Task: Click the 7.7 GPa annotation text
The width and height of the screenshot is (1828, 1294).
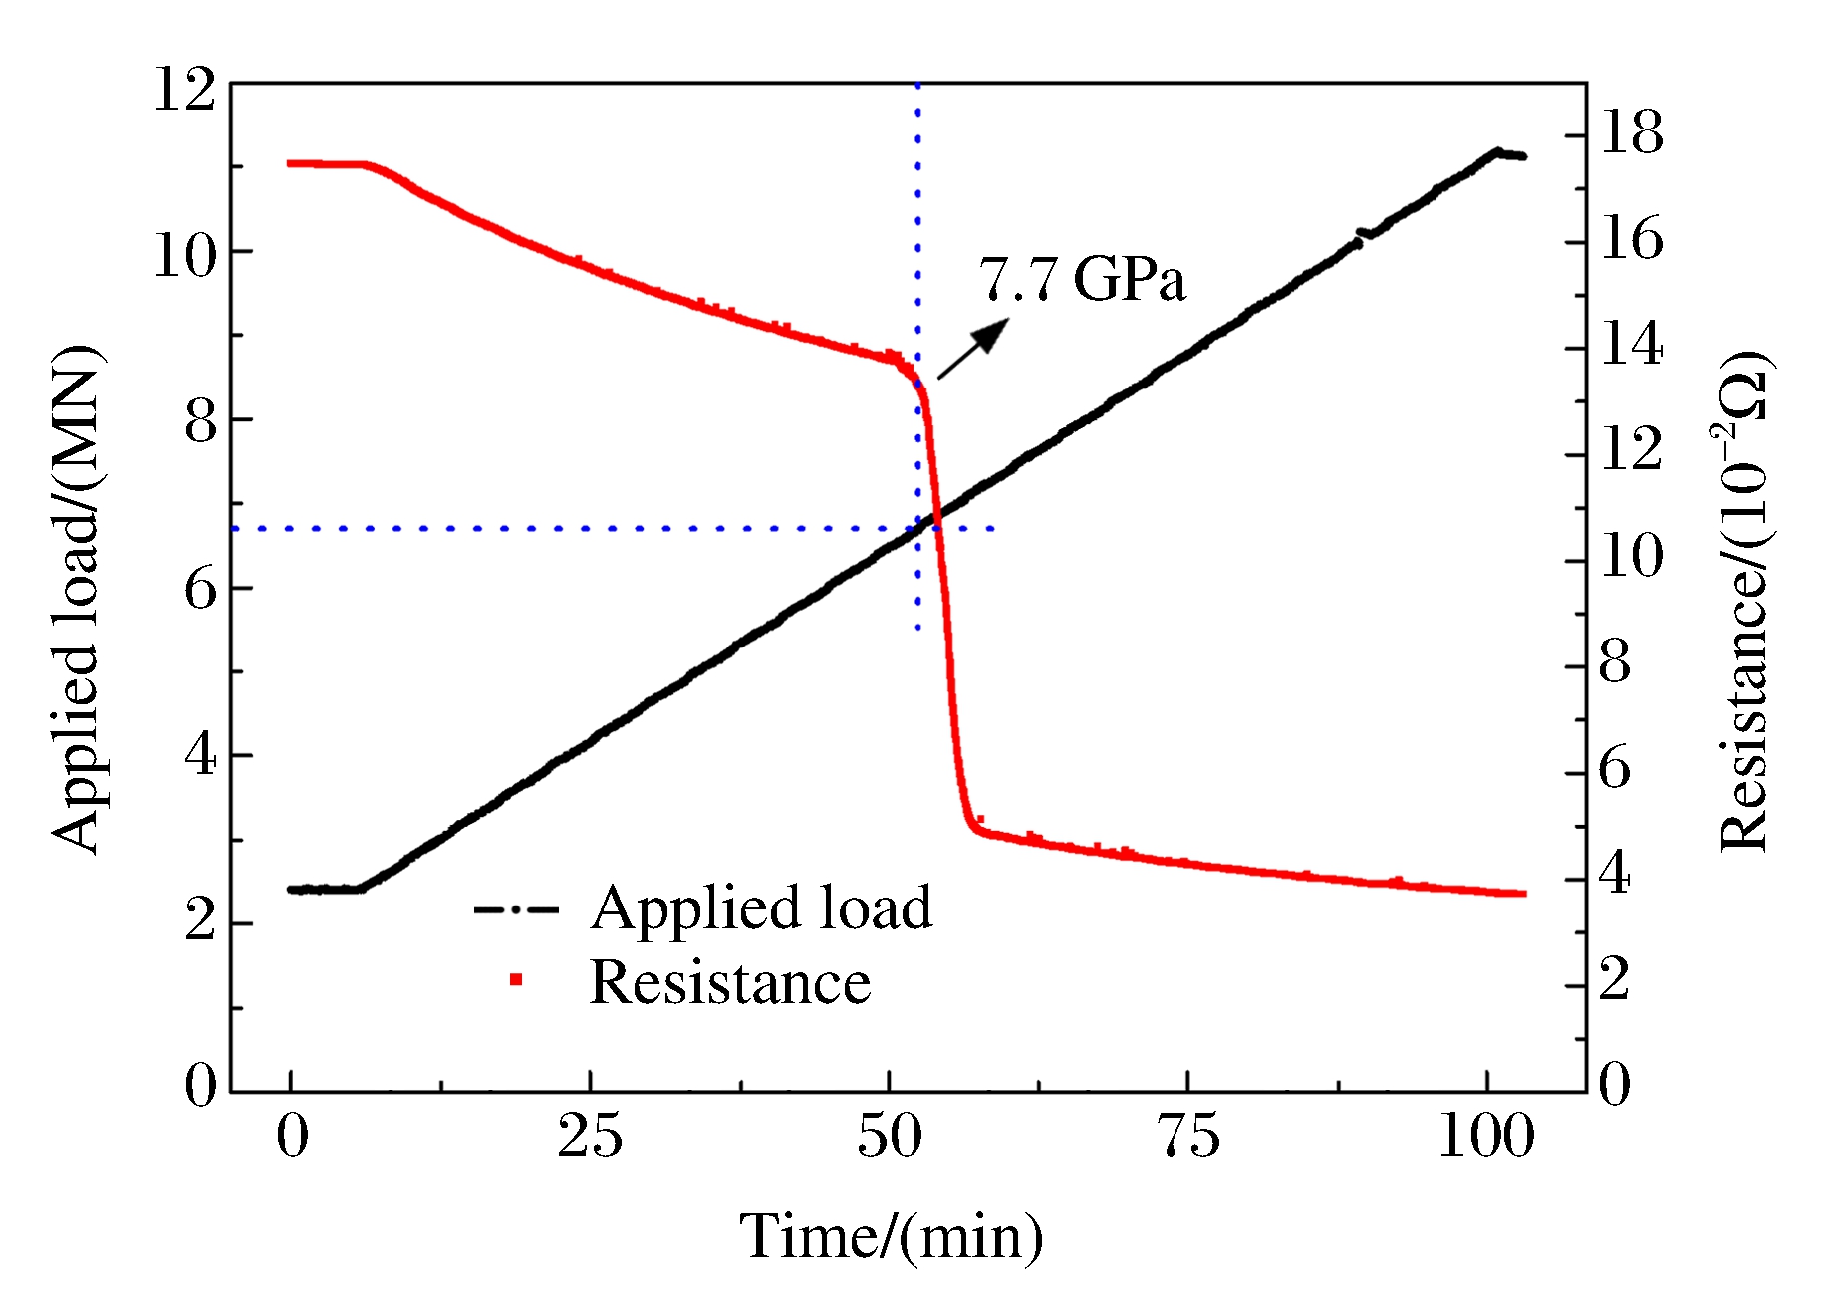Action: coord(1082,279)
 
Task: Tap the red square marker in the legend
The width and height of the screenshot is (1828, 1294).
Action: coord(516,980)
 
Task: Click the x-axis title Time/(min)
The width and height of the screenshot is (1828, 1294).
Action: coord(892,1237)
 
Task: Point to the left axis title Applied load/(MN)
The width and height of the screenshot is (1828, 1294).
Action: coord(76,598)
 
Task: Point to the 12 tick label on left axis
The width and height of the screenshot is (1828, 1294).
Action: coord(184,90)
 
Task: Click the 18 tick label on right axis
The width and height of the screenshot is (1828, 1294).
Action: coord(1631,132)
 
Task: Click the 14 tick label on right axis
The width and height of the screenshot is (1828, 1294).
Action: coord(1631,345)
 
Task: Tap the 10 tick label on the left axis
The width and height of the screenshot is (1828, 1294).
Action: coord(184,256)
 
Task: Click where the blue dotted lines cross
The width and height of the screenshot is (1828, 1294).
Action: coord(917,528)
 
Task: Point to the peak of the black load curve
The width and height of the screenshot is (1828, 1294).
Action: coord(1496,151)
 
